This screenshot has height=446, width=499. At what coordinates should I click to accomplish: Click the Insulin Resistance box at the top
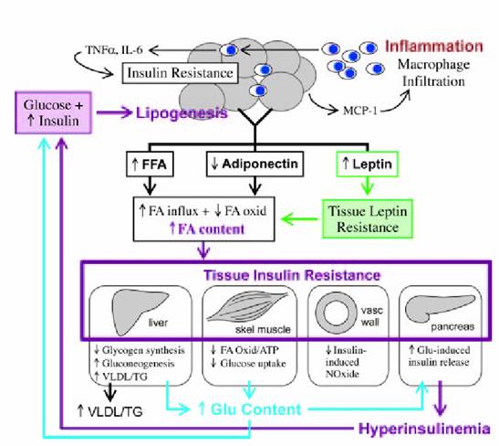point(180,73)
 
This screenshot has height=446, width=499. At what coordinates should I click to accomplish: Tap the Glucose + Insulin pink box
point(54,112)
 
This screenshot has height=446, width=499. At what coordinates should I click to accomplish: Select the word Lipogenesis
point(182,112)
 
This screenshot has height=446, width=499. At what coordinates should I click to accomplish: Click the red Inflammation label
point(434,47)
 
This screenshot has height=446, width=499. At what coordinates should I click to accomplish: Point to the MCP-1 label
point(360,111)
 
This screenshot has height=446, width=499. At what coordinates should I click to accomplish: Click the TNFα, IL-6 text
point(114,50)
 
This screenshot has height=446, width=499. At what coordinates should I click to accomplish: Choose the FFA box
point(150,165)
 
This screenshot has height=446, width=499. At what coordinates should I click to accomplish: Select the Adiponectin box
point(255,165)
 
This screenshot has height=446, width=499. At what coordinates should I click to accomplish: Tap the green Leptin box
point(368,165)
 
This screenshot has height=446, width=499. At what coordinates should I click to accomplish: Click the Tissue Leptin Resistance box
point(368,219)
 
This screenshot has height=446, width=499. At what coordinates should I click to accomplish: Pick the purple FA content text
point(207,228)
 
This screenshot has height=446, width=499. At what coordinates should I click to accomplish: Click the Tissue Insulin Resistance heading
point(292,275)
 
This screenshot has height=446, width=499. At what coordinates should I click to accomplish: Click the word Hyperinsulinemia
point(424,429)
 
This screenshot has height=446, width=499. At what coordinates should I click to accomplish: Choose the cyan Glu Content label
point(250,409)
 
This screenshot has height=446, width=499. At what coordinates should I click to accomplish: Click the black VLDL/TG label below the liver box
point(110,411)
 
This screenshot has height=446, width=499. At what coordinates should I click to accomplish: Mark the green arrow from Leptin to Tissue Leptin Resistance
point(368,186)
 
